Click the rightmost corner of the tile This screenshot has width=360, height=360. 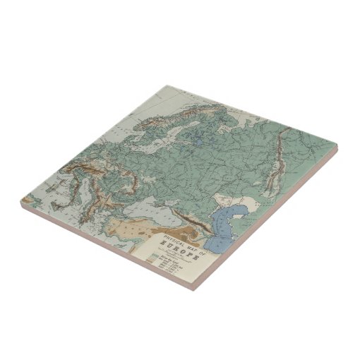point(337,148)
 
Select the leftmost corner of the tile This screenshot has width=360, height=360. point(21,200)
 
